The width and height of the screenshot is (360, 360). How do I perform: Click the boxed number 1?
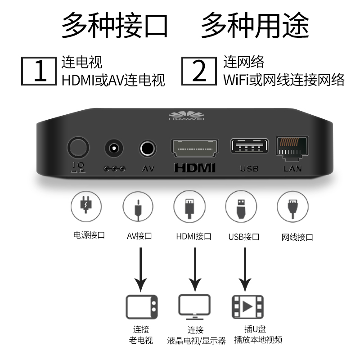39,71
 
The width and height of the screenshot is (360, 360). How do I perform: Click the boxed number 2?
199,71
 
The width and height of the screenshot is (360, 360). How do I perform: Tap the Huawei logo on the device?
186,115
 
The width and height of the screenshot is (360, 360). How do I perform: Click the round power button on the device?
78,148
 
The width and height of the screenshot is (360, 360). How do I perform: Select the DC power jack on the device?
114,148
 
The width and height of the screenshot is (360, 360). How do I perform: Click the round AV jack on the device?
148,148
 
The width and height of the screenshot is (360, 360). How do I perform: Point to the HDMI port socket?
195,148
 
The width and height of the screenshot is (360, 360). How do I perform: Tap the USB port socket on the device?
249,146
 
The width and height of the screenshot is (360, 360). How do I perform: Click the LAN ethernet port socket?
292,148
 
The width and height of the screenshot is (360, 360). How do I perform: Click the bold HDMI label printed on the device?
195,168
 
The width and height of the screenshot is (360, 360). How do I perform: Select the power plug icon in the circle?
86,207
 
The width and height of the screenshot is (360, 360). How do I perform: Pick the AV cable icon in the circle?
138,207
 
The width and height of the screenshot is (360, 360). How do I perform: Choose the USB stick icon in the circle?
241,207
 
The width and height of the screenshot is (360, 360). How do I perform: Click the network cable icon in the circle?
293,207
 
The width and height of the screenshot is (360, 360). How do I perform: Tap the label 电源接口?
89,235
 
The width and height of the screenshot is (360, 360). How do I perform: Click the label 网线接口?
297,237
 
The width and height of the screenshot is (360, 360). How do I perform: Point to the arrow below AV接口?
140,270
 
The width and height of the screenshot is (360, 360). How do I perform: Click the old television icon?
142,307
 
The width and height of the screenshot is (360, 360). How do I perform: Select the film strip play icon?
247,307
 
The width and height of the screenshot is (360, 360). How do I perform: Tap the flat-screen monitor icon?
195,307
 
